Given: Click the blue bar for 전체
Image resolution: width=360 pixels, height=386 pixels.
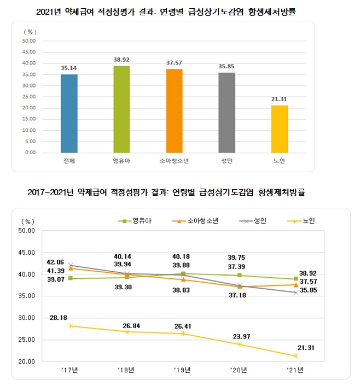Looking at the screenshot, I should (x=69, y=113).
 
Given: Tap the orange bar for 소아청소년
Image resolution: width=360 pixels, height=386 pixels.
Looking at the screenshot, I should (x=175, y=110).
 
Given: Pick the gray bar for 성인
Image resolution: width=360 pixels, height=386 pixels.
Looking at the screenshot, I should (x=227, y=112).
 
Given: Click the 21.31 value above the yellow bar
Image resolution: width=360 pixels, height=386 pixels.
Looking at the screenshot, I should (x=279, y=98).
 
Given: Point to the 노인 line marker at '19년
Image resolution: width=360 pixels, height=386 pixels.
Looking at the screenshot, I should (x=184, y=334).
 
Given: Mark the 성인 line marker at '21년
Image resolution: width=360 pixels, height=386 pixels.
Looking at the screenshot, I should (x=295, y=293).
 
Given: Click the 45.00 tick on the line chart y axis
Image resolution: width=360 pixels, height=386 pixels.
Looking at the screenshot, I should (x=27, y=253).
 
